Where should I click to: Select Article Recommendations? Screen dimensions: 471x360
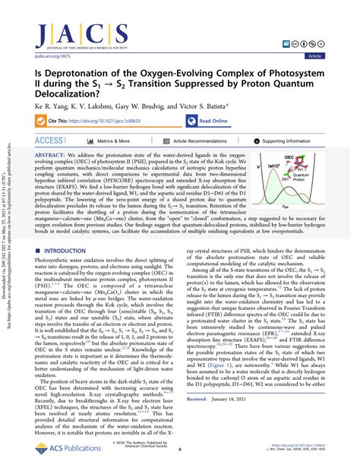[x=205, y=141]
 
